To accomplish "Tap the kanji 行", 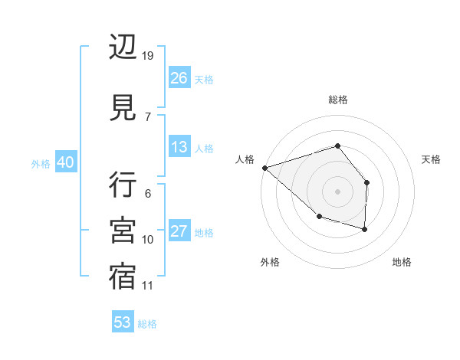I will pos(123,185).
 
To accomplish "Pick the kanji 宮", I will pos(123,230).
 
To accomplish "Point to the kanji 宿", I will pos(123,276).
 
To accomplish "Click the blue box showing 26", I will pos(179,78).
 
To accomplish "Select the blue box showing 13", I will pos(179,147).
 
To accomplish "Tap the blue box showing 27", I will pos(179,231).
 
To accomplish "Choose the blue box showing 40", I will pos(65,162).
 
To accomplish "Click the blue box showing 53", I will pos(123,322).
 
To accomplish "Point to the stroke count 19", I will pos(148,56).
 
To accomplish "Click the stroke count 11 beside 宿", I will pos(148,286).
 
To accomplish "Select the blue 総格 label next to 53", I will pos(147,324).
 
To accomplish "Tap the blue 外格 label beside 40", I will pos(40,163).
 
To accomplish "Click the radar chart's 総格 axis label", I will pos(337,100).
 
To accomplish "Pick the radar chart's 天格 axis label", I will pos(432,159).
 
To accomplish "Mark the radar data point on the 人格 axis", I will pos(264,167).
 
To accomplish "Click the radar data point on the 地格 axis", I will pos(365,229).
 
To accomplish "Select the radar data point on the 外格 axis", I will pos(319,217).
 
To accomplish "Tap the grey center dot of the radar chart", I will pos(337,191).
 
